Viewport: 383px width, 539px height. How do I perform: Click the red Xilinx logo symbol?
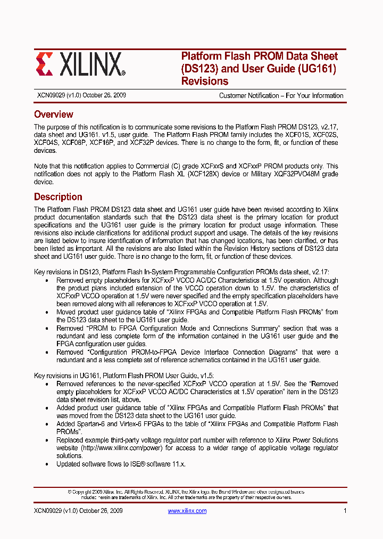[x=45, y=64]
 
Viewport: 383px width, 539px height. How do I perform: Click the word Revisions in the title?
[x=205, y=81]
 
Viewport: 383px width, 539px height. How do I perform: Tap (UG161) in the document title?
[x=316, y=69]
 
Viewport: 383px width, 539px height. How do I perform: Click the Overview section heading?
[x=54, y=115]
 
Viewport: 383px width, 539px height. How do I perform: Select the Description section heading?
[x=58, y=197]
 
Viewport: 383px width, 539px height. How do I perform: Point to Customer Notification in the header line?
[x=249, y=96]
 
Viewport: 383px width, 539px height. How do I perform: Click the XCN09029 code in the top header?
[x=49, y=96]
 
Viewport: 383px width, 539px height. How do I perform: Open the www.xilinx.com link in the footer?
[x=187, y=511]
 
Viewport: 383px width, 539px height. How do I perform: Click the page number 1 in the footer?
[x=345, y=511]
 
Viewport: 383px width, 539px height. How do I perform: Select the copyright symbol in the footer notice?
[x=70, y=492]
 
